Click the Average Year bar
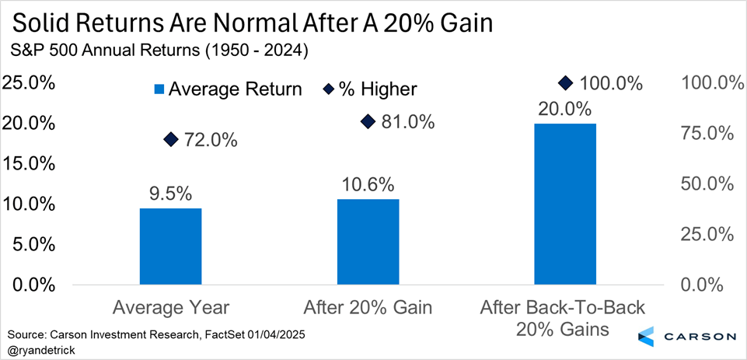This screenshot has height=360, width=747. pos(170,246)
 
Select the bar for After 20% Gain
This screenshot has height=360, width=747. pos(368,241)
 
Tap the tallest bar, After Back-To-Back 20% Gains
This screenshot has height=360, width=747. pos(565,204)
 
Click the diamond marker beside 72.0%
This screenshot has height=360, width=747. pos(171,139)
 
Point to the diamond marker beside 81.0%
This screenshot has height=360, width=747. pos(368,121)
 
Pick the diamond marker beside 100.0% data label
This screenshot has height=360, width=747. pos(566,82)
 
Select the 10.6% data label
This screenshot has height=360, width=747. pos(368,185)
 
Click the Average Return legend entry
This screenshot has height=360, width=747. pos(225,89)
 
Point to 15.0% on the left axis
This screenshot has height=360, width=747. pos(30,163)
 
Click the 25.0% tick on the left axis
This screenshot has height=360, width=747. pos(30,82)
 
